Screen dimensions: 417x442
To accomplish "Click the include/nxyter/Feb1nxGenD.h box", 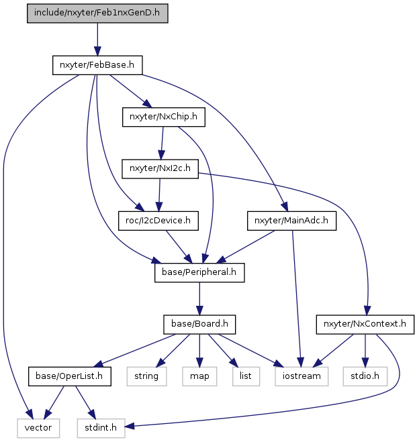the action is click(x=97, y=13).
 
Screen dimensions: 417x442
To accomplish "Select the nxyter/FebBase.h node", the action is click(x=97, y=65).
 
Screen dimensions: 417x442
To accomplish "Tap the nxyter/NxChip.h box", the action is click(x=164, y=117).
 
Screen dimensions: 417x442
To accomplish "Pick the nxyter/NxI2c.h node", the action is click(x=160, y=168).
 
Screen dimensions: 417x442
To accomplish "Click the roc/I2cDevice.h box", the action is click(x=158, y=221).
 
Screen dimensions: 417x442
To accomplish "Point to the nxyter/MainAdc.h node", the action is click(x=291, y=221).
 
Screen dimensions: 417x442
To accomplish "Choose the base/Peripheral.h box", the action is click(x=199, y=272).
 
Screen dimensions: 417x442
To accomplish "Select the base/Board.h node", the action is click(x=199, y=324).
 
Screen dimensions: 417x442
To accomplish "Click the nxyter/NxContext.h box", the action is click(x=365, y=324).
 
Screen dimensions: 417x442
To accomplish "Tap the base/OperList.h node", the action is click(x=69, y=376).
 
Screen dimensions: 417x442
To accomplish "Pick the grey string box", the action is click(x=146, y=376).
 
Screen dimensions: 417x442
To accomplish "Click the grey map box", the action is click(x=199, y=376).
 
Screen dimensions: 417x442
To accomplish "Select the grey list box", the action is click(x=246, y=376).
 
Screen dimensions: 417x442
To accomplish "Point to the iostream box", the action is click(x=302, y=376).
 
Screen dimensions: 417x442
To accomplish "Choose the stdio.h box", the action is click(x=365, y=376).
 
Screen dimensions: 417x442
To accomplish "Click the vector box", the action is click(x=38, y=428).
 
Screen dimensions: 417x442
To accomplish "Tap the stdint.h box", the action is click(x=101, y=428).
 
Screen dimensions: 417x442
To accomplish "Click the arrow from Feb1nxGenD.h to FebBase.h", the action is click(x=97, y=40).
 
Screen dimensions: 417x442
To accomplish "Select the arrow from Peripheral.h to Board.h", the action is click(x=199, y=298).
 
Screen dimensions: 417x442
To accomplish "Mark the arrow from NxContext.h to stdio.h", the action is click(x=365, y=350).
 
